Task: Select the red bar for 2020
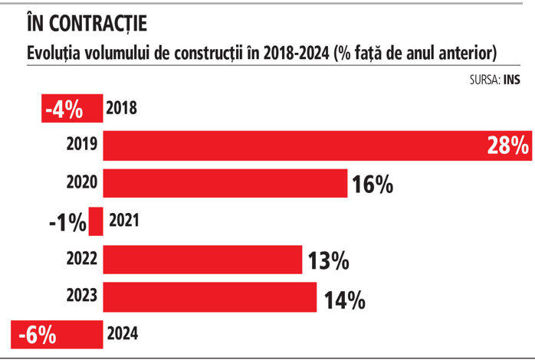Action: pos(225,184)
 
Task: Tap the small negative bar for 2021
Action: pos(97,222)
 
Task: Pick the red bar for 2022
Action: pos(202,260)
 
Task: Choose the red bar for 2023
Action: pos(210,297)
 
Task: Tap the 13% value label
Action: pos(328,260)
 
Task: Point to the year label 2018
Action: pos(121,108)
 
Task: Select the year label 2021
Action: pos(125,222)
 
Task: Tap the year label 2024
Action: pos(123,335)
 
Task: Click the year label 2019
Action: pos(82,145)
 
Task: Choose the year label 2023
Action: pos(82,297)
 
